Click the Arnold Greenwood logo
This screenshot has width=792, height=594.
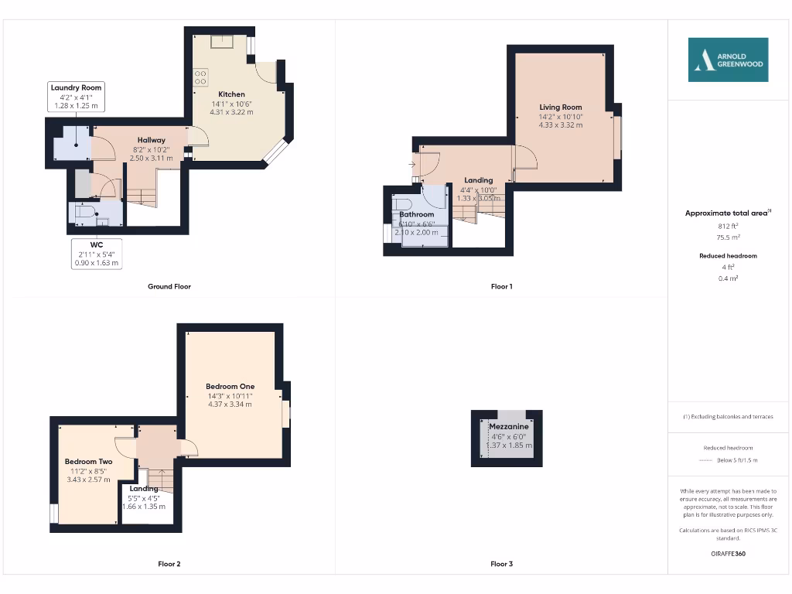pyautogui.click(x=729, y=60)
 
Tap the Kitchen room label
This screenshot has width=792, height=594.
pyautogui.click(x=231, y=94)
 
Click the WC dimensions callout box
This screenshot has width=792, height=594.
pyautogui.click(x=97, y=254)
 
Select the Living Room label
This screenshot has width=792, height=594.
pyautogui.click(x=561, y=108)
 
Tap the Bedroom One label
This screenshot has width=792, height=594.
pyautogui.click(x=230, y=387)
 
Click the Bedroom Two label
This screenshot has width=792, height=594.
pyautogui.click(x=88, y=462)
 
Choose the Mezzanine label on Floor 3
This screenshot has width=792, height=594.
pyautogui.click(x=509, y=426)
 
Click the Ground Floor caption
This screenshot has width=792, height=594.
pyautogui.click(x=169, y=286)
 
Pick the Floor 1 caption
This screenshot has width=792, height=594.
pyautogui.click(x=501, y=286)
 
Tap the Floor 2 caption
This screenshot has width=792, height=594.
pyautogui.click(x=169, y=564)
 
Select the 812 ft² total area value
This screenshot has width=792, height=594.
pyautogui.click(x=728, y=227)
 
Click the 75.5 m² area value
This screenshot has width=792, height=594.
pyautogui.click(x=728, y=238)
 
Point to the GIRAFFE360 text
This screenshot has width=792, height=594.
pyautogui.click(x=728, y=554)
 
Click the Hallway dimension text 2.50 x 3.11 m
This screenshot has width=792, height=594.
pyautogui.click(x=152, y=158)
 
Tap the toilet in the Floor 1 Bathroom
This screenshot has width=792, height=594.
pyautogui.click(x=401, y=203)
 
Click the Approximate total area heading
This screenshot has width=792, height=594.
pyautogui.click(x=726, y=213)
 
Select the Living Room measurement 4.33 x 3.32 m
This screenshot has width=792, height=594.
pyautogui.click(x=561, y=125)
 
